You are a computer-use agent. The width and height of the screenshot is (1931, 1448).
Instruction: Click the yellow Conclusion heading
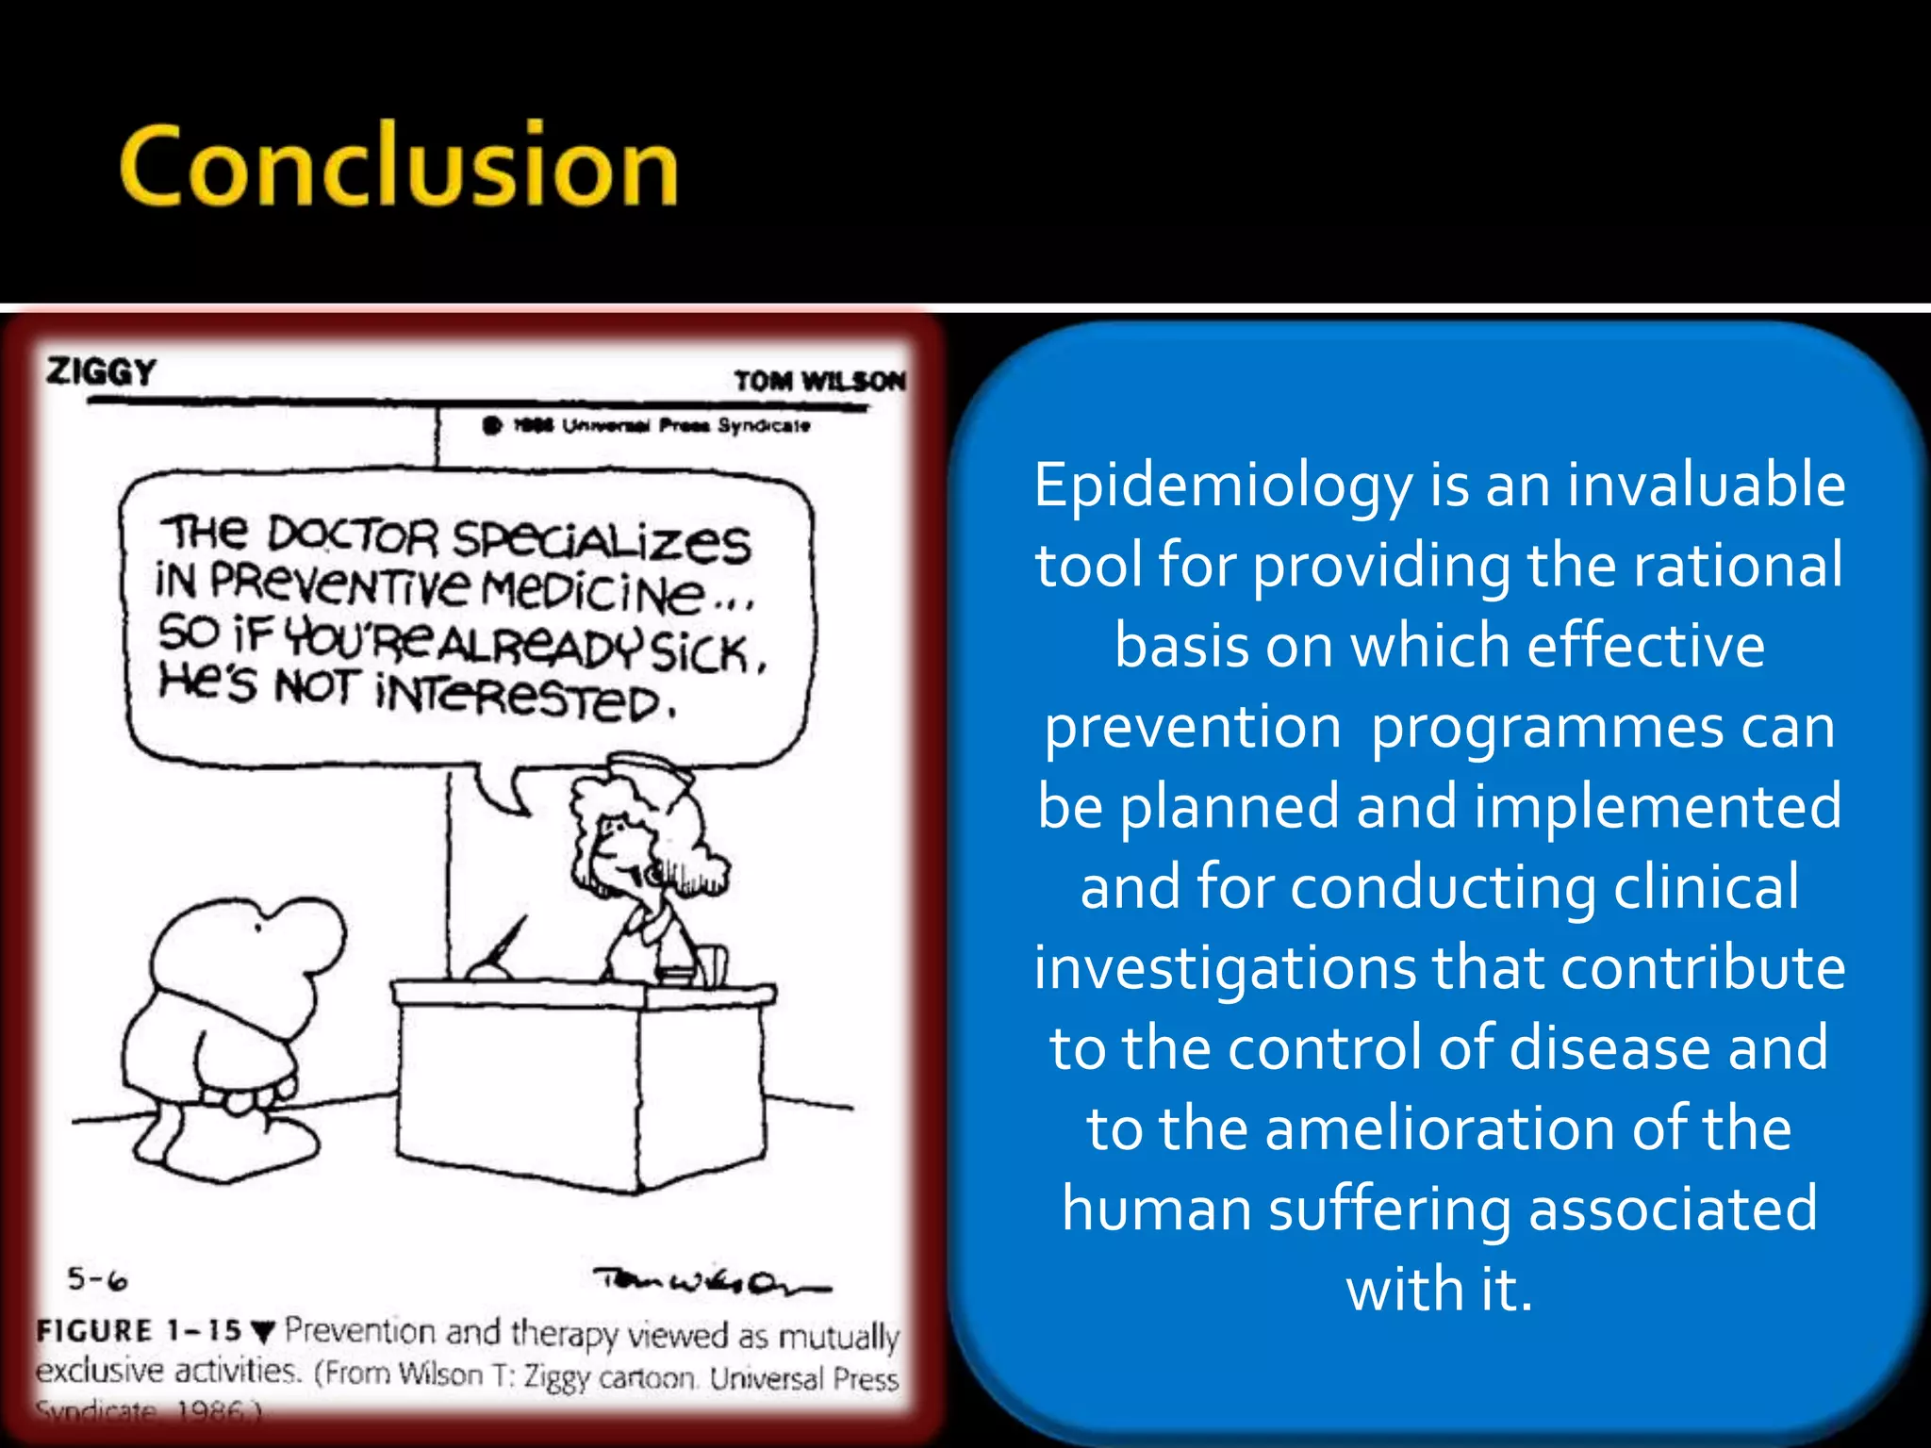click(398, 166)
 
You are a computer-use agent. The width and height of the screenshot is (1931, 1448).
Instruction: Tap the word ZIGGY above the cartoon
click(101, 371)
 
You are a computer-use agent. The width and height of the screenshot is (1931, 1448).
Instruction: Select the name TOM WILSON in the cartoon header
click(818, 381)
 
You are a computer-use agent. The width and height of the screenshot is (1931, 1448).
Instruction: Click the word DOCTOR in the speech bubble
click(353, 535)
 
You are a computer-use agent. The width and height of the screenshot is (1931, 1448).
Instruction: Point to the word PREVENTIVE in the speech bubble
click(339, 584)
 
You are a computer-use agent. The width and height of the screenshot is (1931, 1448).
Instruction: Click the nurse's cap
click(651, 768)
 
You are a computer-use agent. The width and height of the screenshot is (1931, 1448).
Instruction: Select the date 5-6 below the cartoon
click(97, 1279)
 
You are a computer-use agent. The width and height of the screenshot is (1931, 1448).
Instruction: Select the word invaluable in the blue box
click(1706, 485)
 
